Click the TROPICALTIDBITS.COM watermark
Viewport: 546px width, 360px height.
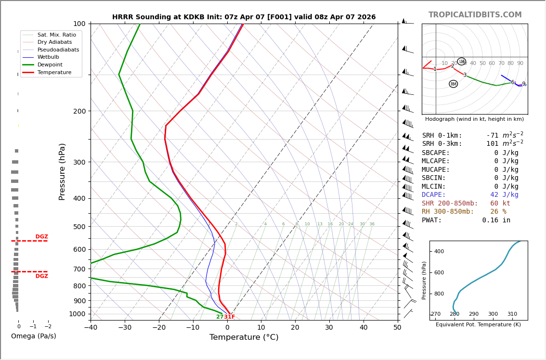coord(475,15)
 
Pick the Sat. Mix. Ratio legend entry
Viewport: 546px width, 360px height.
coord(56,35)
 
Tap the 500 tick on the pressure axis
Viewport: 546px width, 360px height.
coord(79,227)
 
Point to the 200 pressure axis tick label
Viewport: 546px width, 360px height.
coord(79,111)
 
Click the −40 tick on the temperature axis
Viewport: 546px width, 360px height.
coord(91,328)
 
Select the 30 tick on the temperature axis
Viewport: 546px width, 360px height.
coord(329,328)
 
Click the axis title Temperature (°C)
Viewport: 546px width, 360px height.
coord(244,337)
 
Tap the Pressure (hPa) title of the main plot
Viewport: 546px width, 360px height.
coord(62,171)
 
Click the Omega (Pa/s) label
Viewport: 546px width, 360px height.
coord(33,336)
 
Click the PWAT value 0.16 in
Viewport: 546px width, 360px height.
coord(496,220)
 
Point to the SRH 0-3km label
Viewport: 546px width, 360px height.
coord(442,144)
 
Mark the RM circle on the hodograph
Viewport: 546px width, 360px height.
coord(453,84)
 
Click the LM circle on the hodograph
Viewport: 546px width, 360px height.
coord(461,62)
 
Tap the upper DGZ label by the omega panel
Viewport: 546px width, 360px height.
coord(41,237)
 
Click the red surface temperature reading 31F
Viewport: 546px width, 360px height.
coord(229,317)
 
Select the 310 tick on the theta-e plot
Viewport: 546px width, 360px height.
coord(512,314)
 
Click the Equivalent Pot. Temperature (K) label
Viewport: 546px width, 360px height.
coord(478,325)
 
